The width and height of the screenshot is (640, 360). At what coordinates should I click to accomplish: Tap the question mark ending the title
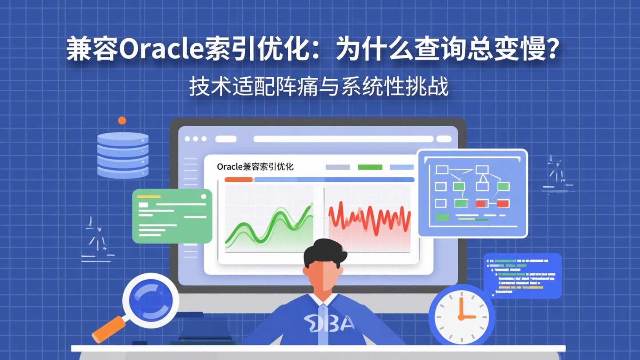click(551, 49)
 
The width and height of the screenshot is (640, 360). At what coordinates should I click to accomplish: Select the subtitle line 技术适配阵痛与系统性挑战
click(319, 86)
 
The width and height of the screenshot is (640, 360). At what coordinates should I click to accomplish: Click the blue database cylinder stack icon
click(123, 155)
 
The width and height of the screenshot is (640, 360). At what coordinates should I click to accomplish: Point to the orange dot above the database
click(122, 120)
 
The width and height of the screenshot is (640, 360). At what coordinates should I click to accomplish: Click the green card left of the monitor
click(172, 216)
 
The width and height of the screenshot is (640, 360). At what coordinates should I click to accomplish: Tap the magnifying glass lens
click(151, 300)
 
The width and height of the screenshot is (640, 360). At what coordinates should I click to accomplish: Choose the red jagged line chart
click(369, 217)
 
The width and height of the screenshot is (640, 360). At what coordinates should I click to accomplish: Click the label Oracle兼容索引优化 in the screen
click(255, 167)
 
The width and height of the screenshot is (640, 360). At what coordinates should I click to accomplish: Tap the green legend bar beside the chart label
click(370, 167)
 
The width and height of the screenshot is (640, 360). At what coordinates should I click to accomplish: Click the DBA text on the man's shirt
click(329, 323)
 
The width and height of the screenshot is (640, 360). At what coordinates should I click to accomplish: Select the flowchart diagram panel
click(472, 193)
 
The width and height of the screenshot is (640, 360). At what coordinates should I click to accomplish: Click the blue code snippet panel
click(522, 276)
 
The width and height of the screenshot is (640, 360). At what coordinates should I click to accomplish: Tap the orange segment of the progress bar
click(239, 180)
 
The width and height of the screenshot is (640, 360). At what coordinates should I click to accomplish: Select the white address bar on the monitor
click(337, 139)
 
